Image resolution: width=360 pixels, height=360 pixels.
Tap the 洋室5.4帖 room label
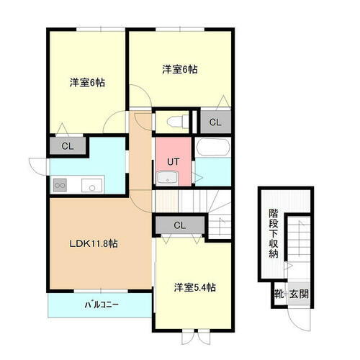pyautogui.click(x=194, y=287)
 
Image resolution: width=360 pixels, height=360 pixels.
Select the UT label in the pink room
pyautogui.click(x=174, y=161)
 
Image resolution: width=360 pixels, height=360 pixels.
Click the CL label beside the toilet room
pyautogui.click(x=215, y=122)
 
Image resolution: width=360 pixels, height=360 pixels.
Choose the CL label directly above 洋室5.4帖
pyautogui.click(x=179, y=225)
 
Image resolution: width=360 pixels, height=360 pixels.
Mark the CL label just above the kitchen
pyautogui.click(x=67, y=145)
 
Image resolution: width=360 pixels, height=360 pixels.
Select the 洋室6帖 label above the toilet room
pyautogui.click(x=179, y=70)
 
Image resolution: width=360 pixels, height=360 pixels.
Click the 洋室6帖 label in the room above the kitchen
pyautogui.click(x=87, y=83)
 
